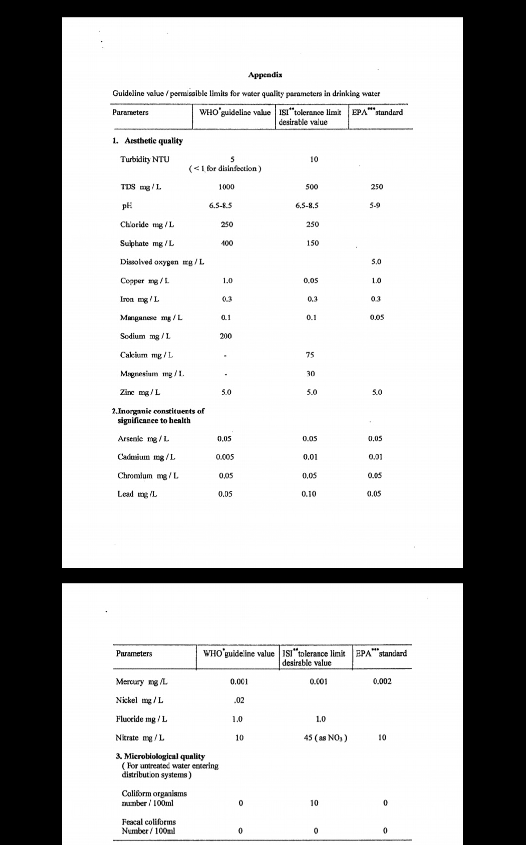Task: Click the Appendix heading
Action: point(265,75)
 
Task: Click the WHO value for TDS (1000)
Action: point(226,187)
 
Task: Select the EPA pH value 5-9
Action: point(375,206)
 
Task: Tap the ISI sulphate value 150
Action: point(313,243)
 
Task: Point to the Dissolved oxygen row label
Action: point(162,262)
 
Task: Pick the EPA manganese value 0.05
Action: point(376,318)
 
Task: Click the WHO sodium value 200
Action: point(225,336)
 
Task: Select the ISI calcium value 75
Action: point(310,355)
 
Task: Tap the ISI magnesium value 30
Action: point(310,374)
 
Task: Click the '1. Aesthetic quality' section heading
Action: point(148,141)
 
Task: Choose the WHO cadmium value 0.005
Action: point(225,457)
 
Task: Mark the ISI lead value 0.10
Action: point(309,494)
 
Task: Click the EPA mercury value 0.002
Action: point(382,681)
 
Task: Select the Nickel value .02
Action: point(239,700)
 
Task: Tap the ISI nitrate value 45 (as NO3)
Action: point(325,738)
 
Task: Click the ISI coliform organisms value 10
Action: point(314,803)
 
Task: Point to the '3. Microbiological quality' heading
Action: point(160,756)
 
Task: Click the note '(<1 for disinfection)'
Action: point(225,169)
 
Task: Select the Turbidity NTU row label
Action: point(145,159)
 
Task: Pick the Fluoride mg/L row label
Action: point(141,719)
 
